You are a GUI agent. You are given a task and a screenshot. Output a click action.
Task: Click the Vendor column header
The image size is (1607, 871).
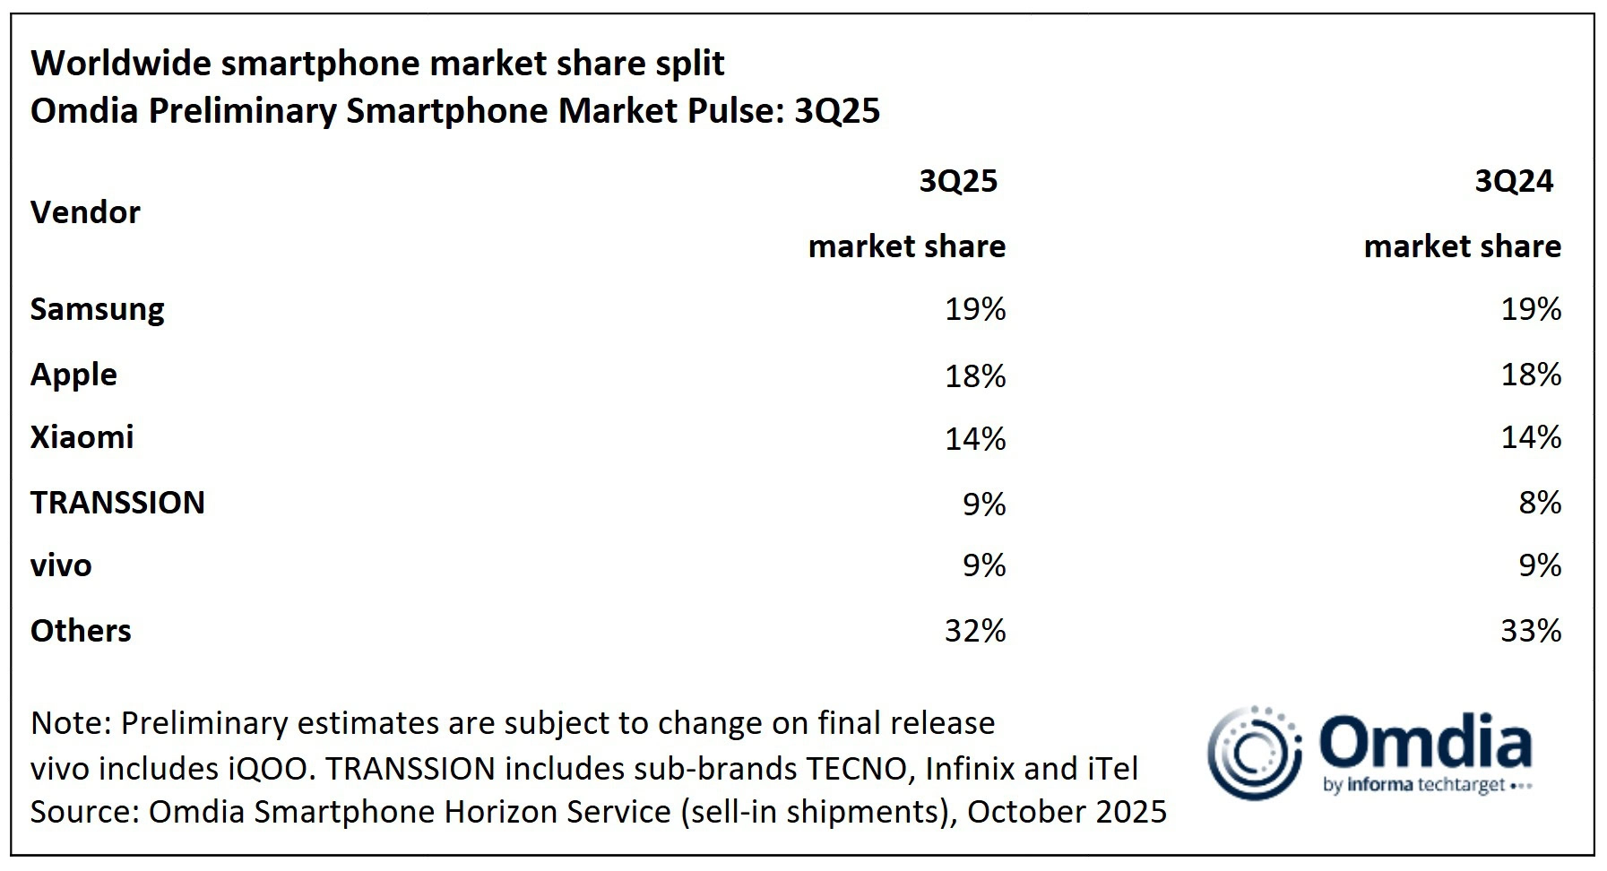85,213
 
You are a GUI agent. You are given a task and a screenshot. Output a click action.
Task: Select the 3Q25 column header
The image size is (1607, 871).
957,182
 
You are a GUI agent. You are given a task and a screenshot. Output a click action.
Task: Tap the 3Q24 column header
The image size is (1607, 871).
1513,182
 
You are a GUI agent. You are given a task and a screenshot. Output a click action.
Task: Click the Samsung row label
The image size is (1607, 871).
97,309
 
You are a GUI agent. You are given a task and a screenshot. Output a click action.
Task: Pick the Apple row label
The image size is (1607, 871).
73,375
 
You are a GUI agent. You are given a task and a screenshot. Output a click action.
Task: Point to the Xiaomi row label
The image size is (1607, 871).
82,437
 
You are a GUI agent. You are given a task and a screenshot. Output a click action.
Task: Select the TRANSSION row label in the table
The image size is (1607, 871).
117,503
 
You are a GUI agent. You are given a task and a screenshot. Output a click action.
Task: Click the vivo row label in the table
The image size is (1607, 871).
61,565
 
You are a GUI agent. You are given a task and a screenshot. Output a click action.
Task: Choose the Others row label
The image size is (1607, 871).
81,631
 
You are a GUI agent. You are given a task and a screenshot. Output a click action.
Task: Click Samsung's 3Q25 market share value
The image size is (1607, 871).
975,309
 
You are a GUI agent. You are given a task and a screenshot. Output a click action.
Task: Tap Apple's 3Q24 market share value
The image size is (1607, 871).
1531,375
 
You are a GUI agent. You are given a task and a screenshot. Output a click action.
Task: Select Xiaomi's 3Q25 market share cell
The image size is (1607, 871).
975,438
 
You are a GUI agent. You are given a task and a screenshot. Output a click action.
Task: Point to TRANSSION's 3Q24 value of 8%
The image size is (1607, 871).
1540,503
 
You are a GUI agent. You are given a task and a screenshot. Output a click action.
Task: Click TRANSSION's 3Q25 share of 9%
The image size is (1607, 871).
984,504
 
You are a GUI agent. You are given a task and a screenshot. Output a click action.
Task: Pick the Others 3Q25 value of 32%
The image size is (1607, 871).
975,631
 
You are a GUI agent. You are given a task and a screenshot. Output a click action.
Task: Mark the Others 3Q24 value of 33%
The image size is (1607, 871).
1531,631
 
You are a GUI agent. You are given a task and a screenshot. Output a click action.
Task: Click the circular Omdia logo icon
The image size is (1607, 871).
1253,754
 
